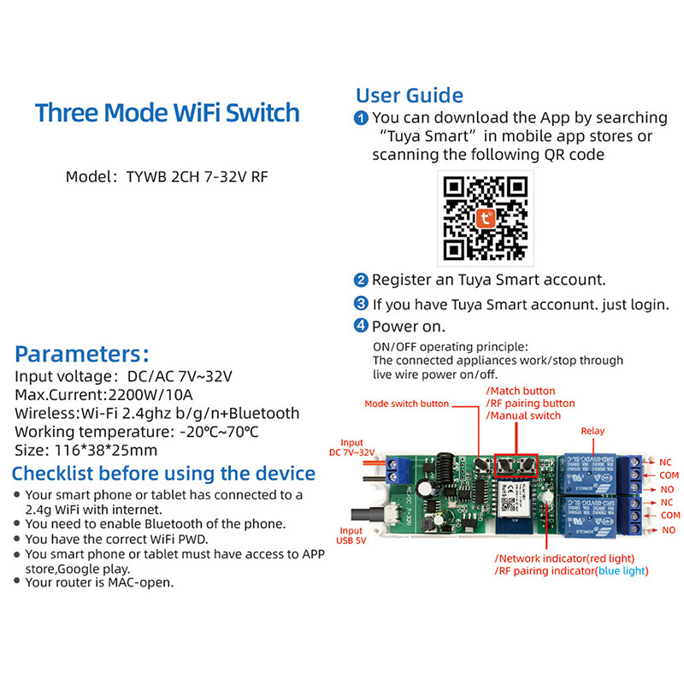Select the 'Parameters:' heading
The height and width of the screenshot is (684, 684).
[82, 354]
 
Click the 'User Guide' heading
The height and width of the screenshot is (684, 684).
[410, 95]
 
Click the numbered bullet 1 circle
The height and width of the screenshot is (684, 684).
[362, 119]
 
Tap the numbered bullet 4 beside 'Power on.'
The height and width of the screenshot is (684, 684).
[362, 327]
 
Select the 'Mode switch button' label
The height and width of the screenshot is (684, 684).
[407, 404]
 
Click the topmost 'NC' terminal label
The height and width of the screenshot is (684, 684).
[665, 463]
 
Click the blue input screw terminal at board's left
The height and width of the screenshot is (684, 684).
[398, 468]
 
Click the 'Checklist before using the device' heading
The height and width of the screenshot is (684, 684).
[163, 474]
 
